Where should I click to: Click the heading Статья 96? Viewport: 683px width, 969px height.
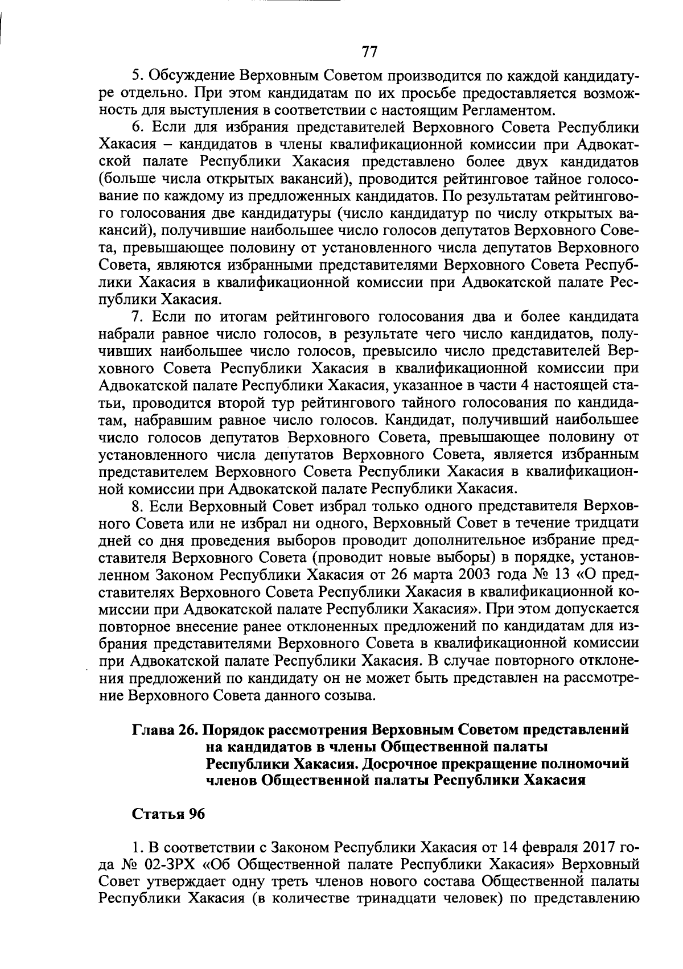point(168,814)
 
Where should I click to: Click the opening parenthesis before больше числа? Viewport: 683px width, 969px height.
point(102,180)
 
